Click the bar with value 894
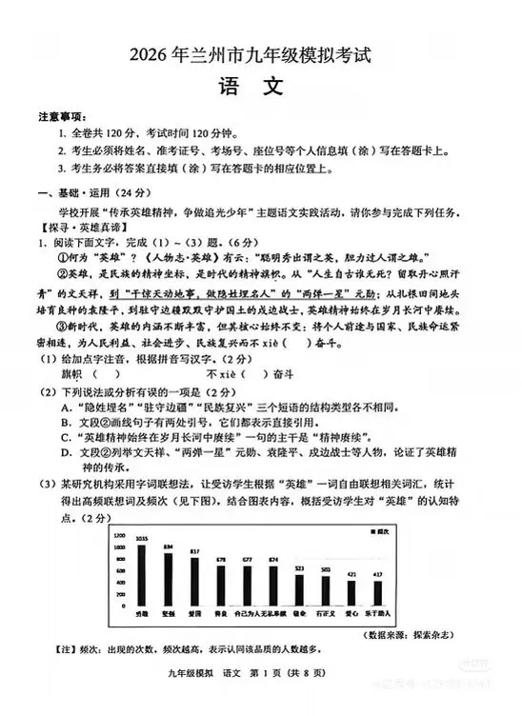(x=169, y=583)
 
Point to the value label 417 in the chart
(x=403, y=574)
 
